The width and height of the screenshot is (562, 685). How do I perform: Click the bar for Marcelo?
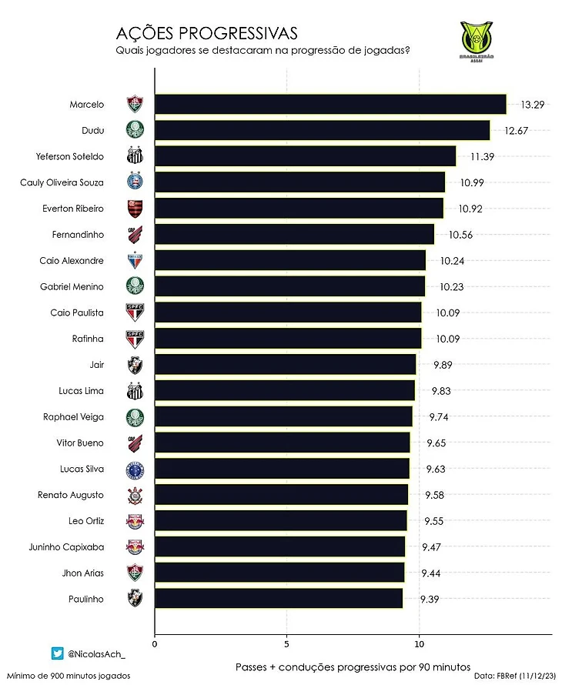(x=330, y=104)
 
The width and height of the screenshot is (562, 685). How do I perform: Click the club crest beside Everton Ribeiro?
(x=135, y=209)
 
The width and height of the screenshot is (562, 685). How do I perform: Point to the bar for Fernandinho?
(x=294, y=235)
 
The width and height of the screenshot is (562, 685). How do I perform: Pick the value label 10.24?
(x=453, y=261)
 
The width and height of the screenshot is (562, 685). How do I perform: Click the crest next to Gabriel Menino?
(x=135, y=287)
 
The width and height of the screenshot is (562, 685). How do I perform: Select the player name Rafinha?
(x=87, y=339)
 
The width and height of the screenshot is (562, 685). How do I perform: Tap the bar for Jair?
(x=285, y=365)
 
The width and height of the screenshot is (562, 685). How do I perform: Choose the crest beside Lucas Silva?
(x=135, y=469)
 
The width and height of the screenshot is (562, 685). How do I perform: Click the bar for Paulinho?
(x=279, y=599)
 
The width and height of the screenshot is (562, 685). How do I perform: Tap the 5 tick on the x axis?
(x=286, y=643)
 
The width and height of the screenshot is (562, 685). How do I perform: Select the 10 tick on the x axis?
(x=419, y=643)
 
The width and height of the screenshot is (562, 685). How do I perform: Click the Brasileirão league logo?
(x=475, y=43)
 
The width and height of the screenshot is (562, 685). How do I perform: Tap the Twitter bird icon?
(x=57, y=653)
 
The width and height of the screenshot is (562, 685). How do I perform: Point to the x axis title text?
(x=353, y=666)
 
